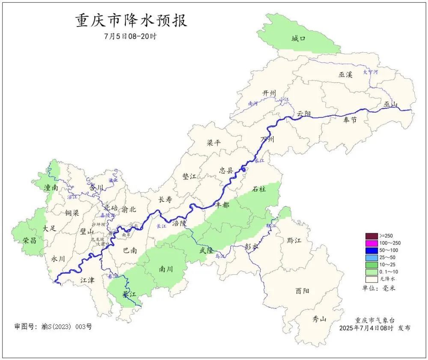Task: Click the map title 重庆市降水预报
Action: point(131,21)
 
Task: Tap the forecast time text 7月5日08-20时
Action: point(130,36)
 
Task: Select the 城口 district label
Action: point(298,39)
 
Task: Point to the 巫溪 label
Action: point(345,74)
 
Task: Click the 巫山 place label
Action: point(391,104)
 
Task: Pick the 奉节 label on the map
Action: point(350,120)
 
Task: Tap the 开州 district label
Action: point(270,93)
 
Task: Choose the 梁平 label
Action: point(214,143)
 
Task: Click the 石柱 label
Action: point(259,189)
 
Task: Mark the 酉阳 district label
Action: point(302,291)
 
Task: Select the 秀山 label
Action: point(319,319)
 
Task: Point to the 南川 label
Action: point(166,269)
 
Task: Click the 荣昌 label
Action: point(30,241)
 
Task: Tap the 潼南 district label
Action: point(51,187)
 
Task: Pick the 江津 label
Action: point(88,280)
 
